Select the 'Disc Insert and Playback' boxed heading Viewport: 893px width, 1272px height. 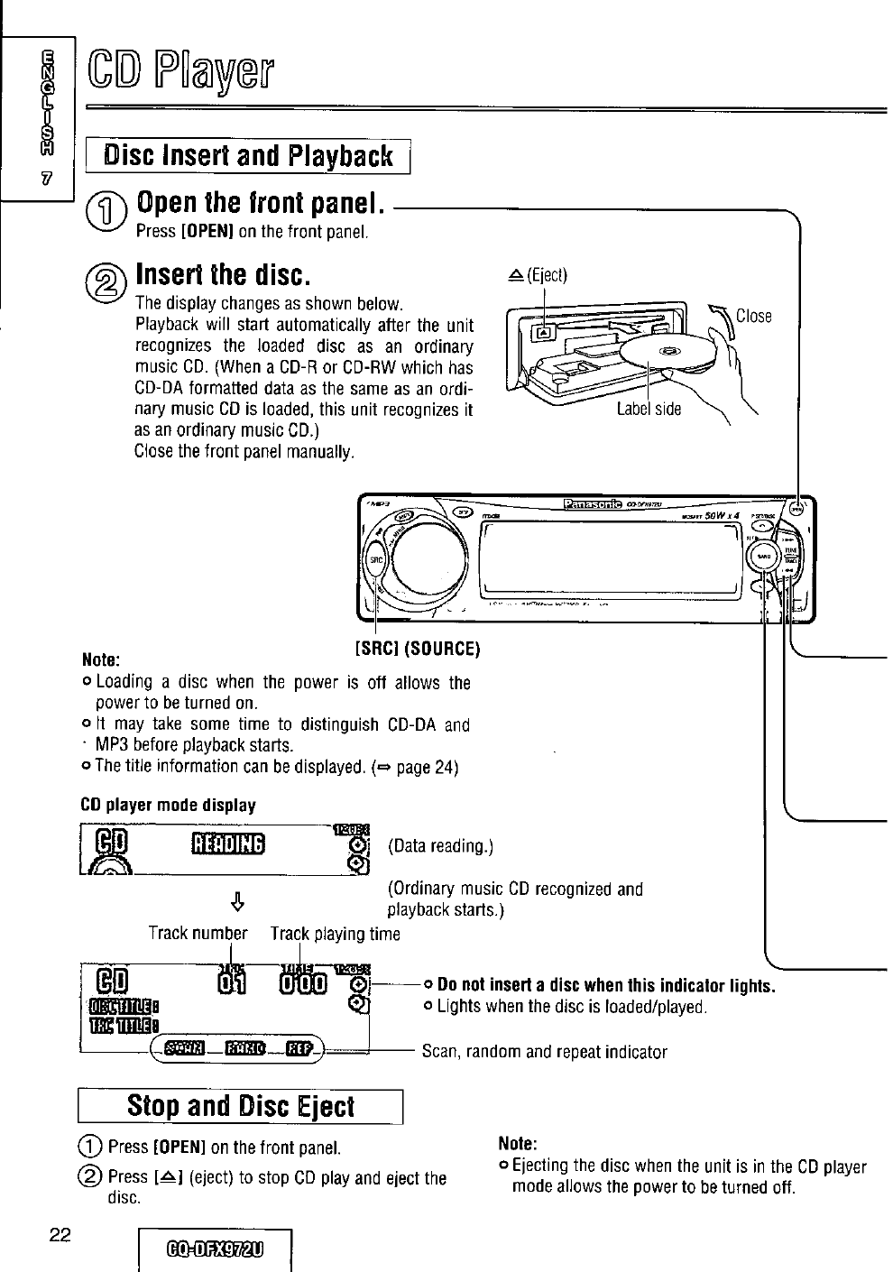click(249, 156)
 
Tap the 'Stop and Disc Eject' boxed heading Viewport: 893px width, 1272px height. click(241, 1106)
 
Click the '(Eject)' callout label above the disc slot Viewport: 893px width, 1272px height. click(539, 275)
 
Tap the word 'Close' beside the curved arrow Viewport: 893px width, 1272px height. click(754, 316)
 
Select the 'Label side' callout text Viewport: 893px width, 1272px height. click(649, 409)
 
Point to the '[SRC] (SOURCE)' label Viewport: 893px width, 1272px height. click(417, 649)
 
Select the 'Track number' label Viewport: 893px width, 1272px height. click(198, 933)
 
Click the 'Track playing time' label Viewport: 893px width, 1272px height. click(335, 933)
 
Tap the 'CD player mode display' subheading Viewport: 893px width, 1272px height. click(169, 805)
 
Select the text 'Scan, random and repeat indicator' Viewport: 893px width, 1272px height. click(544, 1052)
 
